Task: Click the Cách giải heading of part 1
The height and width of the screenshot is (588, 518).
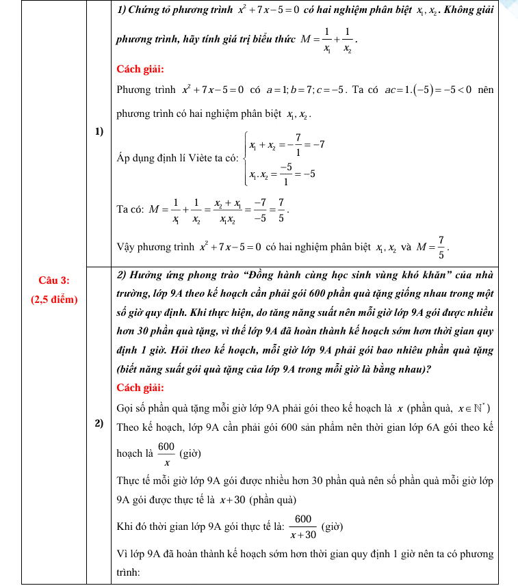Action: [140, 68]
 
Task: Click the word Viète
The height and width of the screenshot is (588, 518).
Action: [197, 158]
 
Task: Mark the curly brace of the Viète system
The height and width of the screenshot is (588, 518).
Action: [244, 159]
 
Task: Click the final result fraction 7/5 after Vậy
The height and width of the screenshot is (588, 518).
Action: [441, 248]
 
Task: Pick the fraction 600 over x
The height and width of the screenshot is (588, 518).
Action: [166, 453]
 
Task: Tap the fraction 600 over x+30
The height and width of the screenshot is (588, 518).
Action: [303, 526]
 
